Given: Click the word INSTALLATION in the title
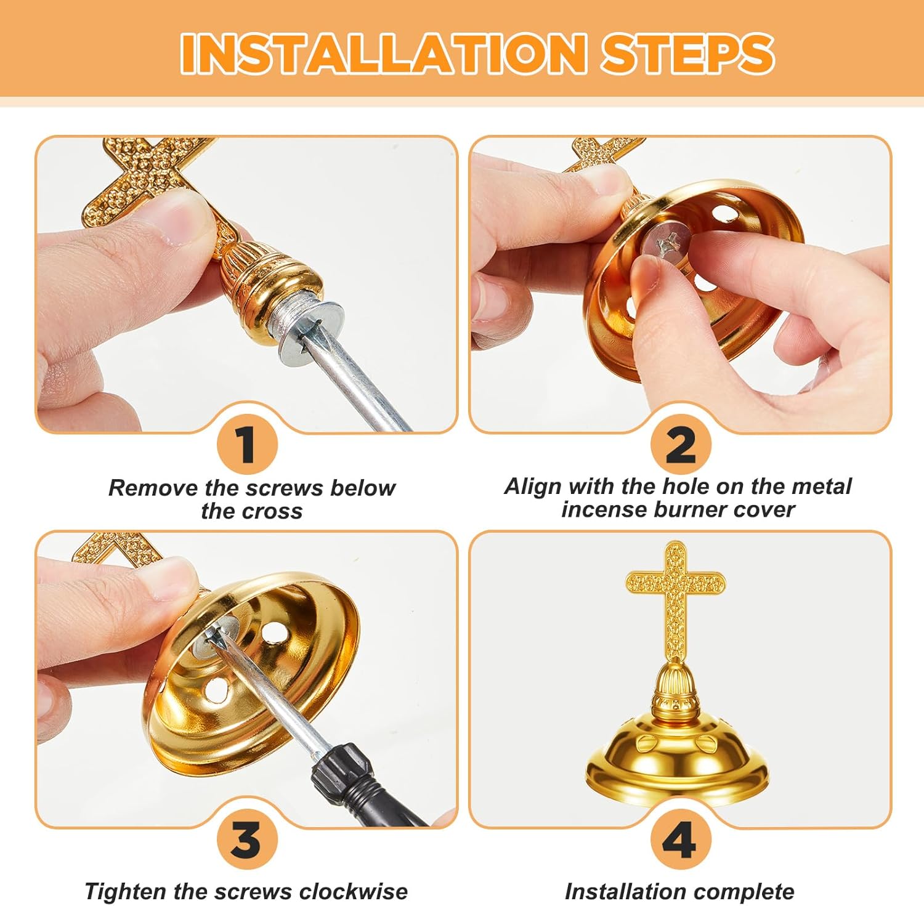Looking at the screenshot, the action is [x=383, y=53].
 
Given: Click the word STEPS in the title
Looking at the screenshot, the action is [x=687, y=53].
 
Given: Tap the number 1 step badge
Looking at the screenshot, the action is [x=247, y=444].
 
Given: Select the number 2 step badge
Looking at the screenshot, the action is [x=681, y=444].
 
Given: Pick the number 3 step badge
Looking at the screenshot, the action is [x=247, y=839].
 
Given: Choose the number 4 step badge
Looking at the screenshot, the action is [x=681, y=839].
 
